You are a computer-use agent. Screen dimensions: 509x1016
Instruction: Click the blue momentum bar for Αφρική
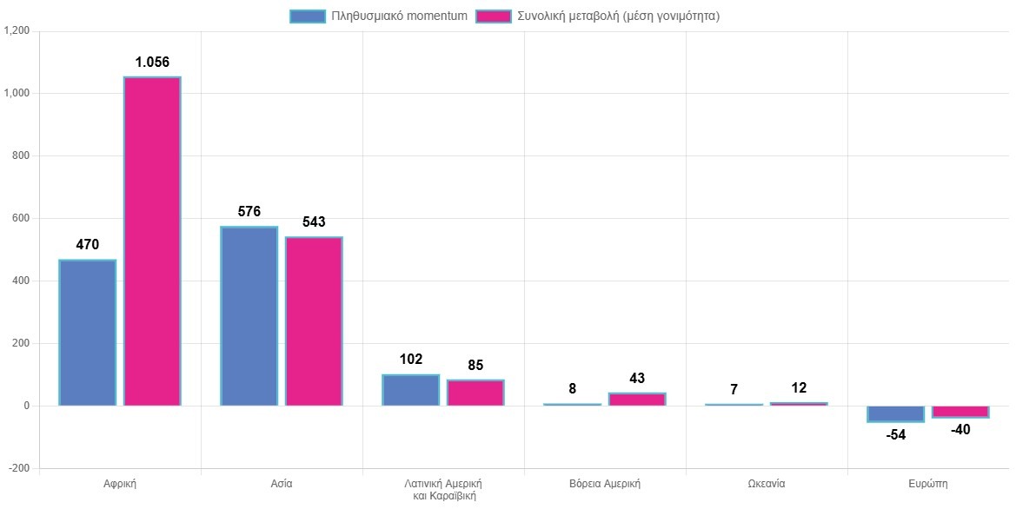pos(87,333)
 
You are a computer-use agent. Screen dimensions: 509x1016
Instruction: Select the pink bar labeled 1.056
pos(152,241)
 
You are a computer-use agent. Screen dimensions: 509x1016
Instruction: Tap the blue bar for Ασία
pos(249,316)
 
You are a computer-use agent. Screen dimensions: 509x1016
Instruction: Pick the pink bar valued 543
pos(314,321)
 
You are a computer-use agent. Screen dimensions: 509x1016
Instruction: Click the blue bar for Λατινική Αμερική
pos(410,390)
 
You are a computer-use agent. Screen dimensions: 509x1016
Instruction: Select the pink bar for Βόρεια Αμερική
pos(637,400)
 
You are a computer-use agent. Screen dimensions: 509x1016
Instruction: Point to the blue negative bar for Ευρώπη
pos(895,414)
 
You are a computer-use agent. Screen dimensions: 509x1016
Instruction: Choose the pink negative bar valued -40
pos(960,412)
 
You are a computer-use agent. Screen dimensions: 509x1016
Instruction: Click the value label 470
pos(87,245)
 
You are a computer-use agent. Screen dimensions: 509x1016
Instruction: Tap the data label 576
pos(249,212)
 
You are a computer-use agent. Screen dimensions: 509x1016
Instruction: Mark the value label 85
pos(475,366)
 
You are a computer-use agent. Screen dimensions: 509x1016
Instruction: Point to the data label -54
pos(895,435)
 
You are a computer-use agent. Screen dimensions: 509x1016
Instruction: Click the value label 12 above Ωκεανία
pos(799,388)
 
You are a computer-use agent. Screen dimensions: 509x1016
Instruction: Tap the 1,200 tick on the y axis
pos(17,31)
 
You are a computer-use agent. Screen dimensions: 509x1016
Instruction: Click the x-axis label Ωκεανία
pos(766,483)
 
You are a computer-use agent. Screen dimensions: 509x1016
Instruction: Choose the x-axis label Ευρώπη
pos(927,483)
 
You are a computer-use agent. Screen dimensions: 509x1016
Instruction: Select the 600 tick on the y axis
pos(21,219)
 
